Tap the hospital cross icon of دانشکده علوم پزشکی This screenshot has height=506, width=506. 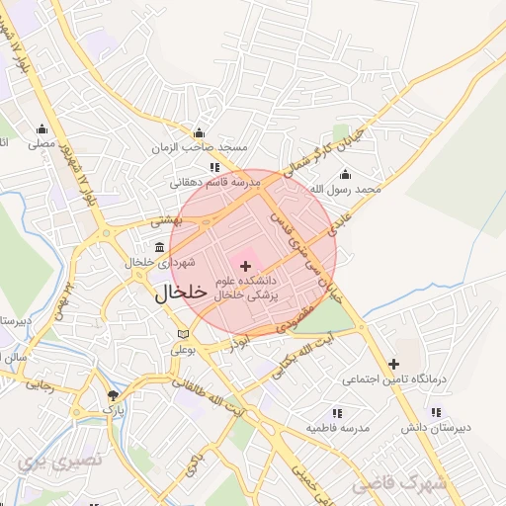tap(245, 266)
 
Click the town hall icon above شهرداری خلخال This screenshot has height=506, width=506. tap(160, 247)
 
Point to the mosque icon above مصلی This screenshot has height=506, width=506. tap(42, 128)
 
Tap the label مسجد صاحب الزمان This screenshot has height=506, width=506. tap(199, 148)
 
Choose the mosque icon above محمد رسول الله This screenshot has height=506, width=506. tap(345, 174)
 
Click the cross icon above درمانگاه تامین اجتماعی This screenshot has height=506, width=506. tap(394, 364)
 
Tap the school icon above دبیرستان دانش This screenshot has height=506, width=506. tap(435, 413)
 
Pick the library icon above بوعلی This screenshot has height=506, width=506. tap(181, 333)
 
